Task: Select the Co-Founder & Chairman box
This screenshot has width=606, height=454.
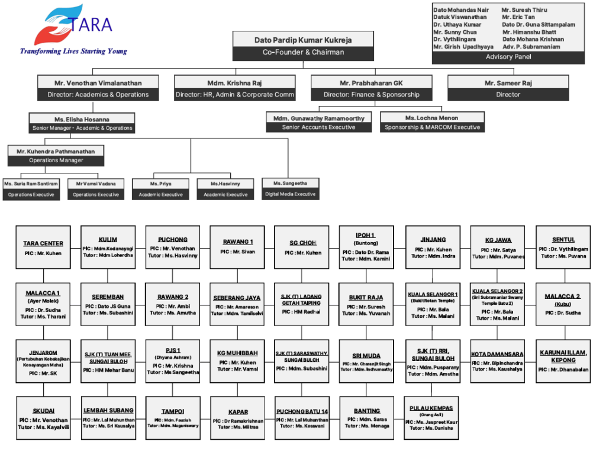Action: pyautogui.click(x=303, y=46)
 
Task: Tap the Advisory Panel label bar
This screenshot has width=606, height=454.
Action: pyautogui.click(x=508, y=57)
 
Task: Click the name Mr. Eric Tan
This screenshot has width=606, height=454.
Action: pyautogui.click(x=518, y=17)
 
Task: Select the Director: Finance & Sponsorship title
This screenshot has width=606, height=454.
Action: pyautogui.click(x=371, y=95)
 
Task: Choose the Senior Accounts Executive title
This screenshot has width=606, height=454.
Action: pyautogui.click(x=319, y=127)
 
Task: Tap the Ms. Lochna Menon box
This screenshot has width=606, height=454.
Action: pyautogui.click(x=431, y=123)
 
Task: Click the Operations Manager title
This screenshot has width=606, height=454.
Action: pyautogui.click(x=56, y=160)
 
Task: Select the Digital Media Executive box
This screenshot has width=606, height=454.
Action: pyautogui.click(x=290, y=189)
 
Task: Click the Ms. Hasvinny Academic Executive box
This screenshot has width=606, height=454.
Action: pyautogui.click(x=225, y=189)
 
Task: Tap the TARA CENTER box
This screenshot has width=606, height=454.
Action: pyautogui.click(x=43, y=247)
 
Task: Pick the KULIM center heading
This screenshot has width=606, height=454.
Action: pyautogui.click(x=108, y=239)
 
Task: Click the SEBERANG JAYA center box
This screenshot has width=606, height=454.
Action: pyautogui.click(x=237, y=304)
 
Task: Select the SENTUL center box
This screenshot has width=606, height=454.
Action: pyautogui.click(x=563, y=247)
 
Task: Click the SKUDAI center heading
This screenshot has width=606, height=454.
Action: pyautogui.click(x=43, y=411)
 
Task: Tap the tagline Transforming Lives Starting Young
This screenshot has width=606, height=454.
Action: pyautogui.click(x=73, y=51)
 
